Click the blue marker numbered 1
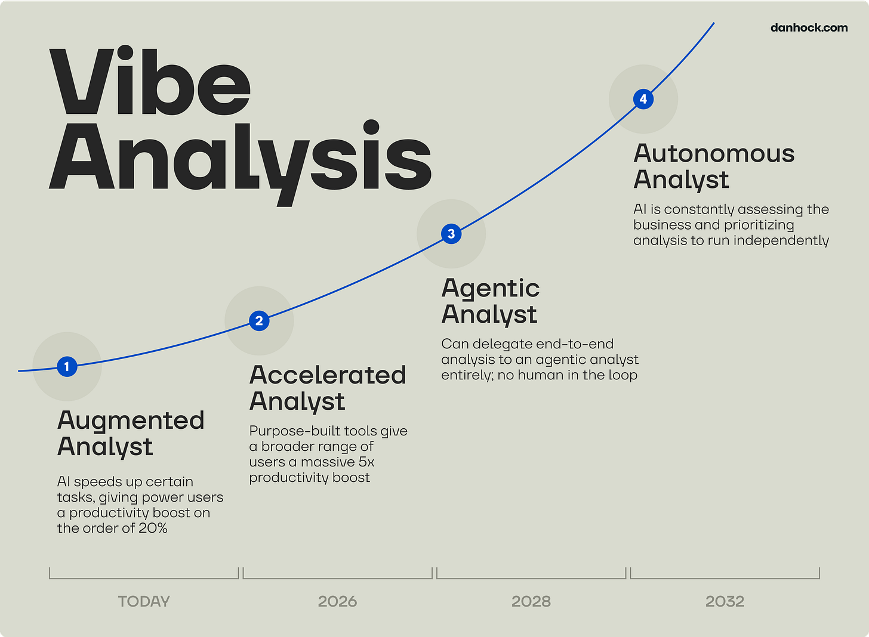pos(67,366)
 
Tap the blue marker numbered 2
pos(259,321)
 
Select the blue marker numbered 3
pos(451,234)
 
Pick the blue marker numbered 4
pos(643,99)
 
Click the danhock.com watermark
pos(809,27)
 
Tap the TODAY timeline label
pos(144,601)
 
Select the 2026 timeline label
pos(337,601)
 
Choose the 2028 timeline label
pos(531,601)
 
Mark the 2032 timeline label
pos(725,601)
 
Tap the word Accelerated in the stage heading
pos(328,375)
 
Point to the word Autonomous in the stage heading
pos(714,154)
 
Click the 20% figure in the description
pos(153,528)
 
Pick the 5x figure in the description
pos(366,462)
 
